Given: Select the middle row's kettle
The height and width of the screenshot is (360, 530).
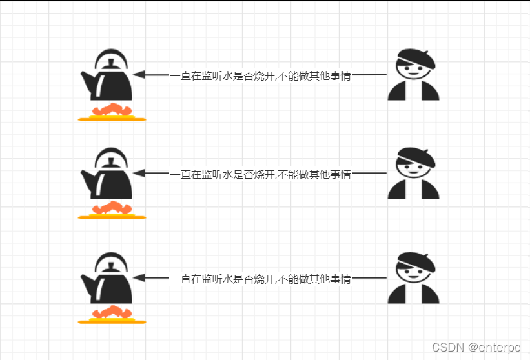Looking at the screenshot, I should (x=110, y=181).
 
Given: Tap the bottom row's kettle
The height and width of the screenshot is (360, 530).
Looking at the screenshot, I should (x=110, y=285).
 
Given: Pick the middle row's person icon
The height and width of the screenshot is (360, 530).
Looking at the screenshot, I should (x=413, y=174).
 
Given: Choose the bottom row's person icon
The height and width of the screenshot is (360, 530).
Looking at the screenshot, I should (x=413, y=278).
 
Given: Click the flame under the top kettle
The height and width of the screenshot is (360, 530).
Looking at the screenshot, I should (x=112, y=110).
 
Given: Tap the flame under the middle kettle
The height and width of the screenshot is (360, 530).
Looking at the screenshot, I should (x=112, y=208).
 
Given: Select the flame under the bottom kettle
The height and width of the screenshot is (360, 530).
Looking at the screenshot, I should (x=112, y=312).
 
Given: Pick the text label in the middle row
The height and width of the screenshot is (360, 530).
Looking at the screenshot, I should (x=260, y=174).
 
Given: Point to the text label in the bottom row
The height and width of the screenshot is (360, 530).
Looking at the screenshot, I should (x=260, y=279).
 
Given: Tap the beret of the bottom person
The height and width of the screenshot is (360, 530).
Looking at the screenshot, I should (x=416, y=261).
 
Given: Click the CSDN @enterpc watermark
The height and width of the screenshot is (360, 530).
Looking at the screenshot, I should (x=476, y=347).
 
